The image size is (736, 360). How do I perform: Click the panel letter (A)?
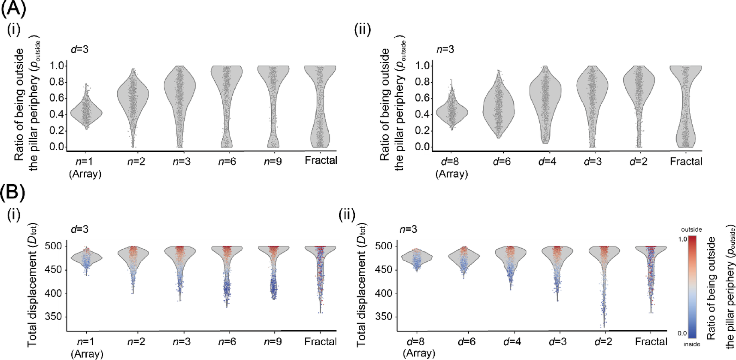[13, 9]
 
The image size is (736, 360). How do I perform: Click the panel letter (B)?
[12, 192]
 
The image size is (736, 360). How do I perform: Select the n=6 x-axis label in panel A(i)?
[227, 162]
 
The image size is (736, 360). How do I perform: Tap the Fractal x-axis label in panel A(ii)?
[686, 162]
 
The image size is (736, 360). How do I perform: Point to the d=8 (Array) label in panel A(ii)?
[452, 168]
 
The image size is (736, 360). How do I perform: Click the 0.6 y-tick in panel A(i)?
[57, 98]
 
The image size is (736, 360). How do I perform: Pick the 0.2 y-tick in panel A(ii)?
[423, 130]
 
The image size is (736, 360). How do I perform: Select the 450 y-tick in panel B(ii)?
[383, 270]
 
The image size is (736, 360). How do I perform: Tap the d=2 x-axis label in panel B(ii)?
[603, 342]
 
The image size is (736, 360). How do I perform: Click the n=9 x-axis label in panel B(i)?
[273, 342]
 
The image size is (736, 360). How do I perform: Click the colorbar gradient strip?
[692, 287]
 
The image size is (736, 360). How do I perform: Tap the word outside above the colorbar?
[691, 230]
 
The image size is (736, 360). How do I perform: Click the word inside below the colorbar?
[691, 344]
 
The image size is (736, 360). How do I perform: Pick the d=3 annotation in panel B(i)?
[79, 229]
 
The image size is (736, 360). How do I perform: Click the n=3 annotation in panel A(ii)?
[445, 49]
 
